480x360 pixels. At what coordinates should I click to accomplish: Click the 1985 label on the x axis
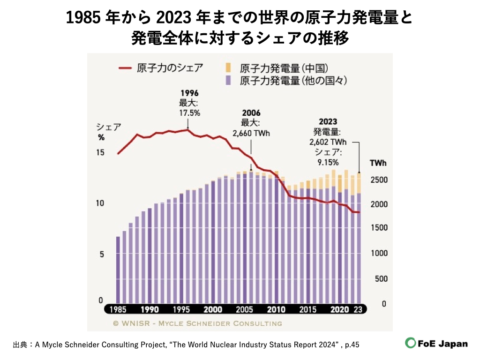click(x=118, y=309)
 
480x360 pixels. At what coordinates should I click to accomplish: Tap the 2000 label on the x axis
click(x=213, y=309)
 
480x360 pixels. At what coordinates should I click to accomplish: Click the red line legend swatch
click(x=125, y=68)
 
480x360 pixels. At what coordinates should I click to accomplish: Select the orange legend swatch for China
click(x=228, y=68)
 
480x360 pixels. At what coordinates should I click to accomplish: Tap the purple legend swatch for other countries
click(x=228, y=81)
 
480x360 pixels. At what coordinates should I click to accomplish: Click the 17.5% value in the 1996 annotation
click(x=190, y=112)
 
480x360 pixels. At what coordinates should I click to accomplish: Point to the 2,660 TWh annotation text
click(x=251, y=133)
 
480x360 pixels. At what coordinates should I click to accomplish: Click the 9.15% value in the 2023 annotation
click(x=328, y=162)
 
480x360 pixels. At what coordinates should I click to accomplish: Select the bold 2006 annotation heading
click(x=251, y=113)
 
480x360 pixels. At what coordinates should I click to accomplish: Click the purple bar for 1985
click(x=118, y=270)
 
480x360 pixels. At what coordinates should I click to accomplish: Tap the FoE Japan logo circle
click(x=411, y=343)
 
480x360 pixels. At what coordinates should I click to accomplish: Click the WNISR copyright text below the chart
click(x=197, y=323)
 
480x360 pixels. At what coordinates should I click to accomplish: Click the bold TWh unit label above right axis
click(x=378, y=163)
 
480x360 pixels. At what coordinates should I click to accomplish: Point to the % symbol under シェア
click(x=101, y=138)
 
